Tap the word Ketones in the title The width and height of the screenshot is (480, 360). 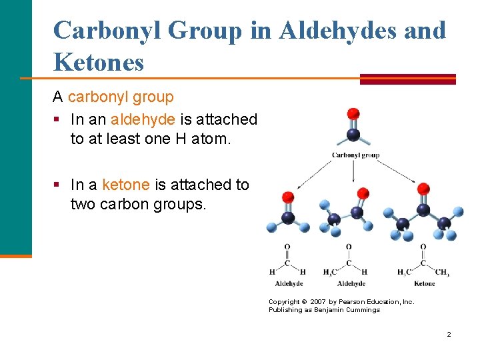(99, 63)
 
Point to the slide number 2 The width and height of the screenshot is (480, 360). (449, 334)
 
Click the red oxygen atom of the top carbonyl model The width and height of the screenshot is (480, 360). (353, 114)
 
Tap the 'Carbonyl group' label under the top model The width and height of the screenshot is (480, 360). (355, 155)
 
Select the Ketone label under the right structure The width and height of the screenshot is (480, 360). (424, 283)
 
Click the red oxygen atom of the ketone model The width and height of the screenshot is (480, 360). (423, 190)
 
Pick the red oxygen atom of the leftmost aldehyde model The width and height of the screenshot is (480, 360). (288, 197)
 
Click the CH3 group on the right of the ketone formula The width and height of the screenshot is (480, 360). (441, 272)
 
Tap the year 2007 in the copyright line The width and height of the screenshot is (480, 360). (318, 302)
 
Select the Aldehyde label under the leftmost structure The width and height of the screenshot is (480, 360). (289, 283)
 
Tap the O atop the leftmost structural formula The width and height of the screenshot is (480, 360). (287, 247)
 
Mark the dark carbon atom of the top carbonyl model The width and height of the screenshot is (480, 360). (353, 135)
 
